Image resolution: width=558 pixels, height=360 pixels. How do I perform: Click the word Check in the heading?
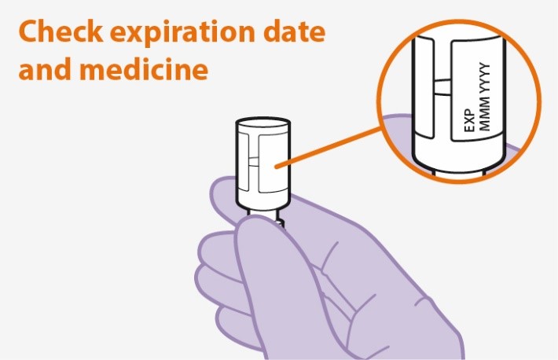(61, 31)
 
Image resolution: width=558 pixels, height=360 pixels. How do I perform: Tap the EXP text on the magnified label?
(470, 120)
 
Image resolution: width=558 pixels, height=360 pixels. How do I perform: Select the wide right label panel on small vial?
(273, 163)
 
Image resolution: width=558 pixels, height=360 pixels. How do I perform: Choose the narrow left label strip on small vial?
(244, 162)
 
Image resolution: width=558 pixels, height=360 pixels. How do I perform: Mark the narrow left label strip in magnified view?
(424, 86)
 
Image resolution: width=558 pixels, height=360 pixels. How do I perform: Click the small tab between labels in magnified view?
(442, 87)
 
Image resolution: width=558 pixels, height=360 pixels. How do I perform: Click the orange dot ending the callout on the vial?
(277, 166)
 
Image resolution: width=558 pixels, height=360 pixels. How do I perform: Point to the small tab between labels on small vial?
(254, 161)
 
